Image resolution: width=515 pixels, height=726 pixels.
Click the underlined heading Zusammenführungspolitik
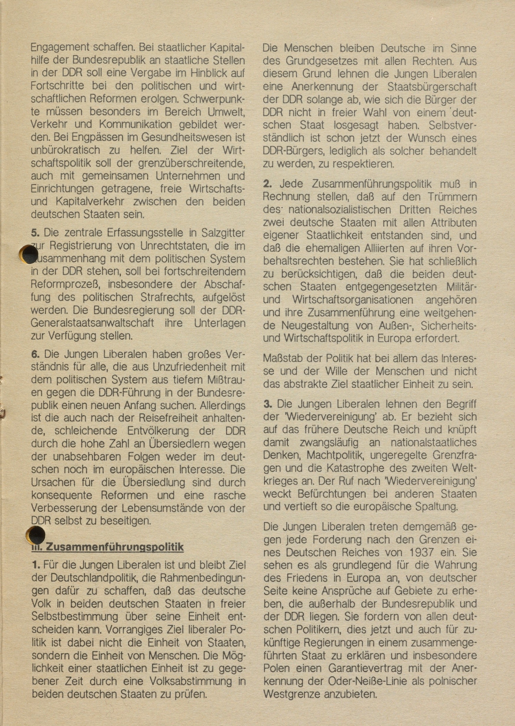[114, 547]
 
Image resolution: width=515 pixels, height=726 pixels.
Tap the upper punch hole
[29, 254]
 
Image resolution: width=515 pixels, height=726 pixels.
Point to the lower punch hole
[35, 535]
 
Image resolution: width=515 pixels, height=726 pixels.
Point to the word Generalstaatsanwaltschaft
[92, 323]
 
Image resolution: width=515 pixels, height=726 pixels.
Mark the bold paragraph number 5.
[35, 233]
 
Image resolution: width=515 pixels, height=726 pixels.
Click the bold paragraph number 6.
[35, 354]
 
